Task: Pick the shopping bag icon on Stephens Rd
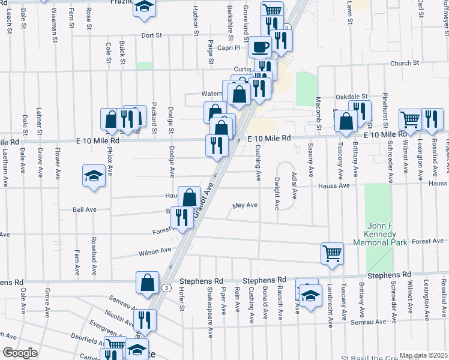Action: tap(147, 283)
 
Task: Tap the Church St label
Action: tap(403, 63)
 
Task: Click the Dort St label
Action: tap(152, 35)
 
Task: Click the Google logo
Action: tap(20, 353)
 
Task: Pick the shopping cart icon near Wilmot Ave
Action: tap(411, 118)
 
